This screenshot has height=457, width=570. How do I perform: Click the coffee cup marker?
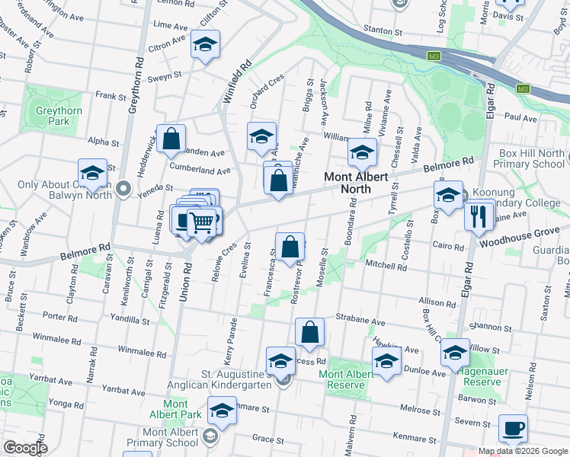(x=513, y=428)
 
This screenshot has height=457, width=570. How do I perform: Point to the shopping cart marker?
(x=202, y=222)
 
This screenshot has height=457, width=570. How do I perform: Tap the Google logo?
(x=25, y=447)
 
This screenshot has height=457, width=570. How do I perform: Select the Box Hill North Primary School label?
(x=529, y=158)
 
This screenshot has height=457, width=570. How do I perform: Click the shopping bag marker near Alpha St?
(x=171, y=139)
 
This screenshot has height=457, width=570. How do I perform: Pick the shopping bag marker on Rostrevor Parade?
(x=290, y=248)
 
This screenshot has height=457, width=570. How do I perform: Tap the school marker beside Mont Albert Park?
(x=222, y=411)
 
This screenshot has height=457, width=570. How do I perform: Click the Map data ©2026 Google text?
(x=522, y=451)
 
